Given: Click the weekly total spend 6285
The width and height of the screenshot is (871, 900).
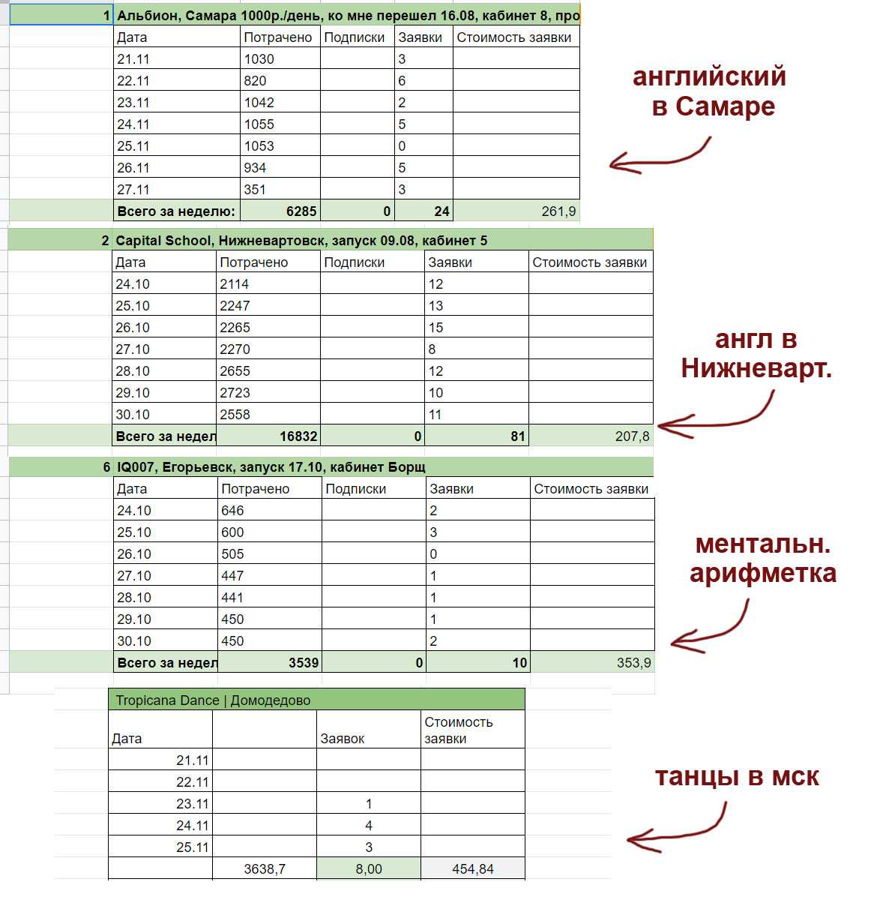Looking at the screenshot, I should [301, 211].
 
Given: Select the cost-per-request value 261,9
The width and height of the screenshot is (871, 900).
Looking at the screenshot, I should [558, 211].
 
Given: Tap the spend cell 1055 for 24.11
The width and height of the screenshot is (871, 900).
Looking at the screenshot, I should [259, 124].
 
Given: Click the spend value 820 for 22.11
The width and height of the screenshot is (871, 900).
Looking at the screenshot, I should [255, 81].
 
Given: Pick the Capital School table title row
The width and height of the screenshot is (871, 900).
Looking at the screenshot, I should [301, 241].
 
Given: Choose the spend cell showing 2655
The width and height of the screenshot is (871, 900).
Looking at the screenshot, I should [235, 371].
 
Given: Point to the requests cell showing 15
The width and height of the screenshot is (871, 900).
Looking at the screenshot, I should [436, 328].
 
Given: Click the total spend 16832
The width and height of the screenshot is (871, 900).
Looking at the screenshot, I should [298, 436].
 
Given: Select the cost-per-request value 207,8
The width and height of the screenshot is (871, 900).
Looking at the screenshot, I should [632, 436].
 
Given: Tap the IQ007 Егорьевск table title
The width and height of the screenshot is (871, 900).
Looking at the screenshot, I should [271, 467].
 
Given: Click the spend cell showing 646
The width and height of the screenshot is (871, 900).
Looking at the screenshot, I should [233, 511].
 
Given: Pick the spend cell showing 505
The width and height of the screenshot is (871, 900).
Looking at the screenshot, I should [233, 554].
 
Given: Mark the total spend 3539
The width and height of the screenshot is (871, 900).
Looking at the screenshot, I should [303, 663].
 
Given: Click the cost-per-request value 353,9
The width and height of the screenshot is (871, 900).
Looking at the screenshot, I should [633, 663].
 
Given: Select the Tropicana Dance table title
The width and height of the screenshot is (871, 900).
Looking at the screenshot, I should [212, 700].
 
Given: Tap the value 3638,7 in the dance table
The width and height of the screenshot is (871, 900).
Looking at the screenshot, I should [265, 869].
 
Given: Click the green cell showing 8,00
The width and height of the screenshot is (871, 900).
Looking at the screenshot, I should [368, 869].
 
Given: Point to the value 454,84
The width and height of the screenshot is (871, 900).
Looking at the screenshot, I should [473, 869].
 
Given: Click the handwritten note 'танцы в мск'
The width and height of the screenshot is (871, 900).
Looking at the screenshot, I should [737, 777].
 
